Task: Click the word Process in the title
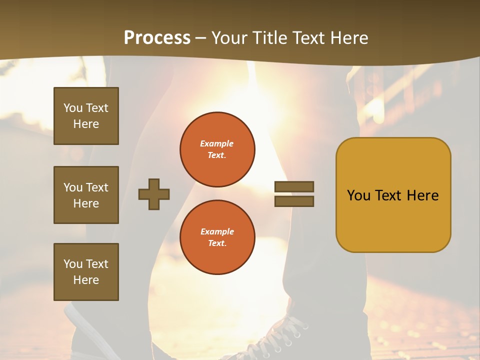pos(157,37)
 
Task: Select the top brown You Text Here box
pos(86,116)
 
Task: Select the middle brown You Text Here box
pos(86,195)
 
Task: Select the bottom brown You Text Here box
pos(86,271)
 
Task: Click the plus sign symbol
pos(154,194)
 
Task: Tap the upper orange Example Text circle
pos(217,149)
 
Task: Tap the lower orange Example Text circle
pos(217,237)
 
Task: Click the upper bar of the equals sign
pos(294,186)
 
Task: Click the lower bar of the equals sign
pos(294,201)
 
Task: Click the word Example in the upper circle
pos(216,143)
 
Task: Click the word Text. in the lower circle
pos(217,243)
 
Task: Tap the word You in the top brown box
pos(73,108)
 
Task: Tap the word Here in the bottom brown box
pos(86,280)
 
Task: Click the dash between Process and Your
pos(201,38)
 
